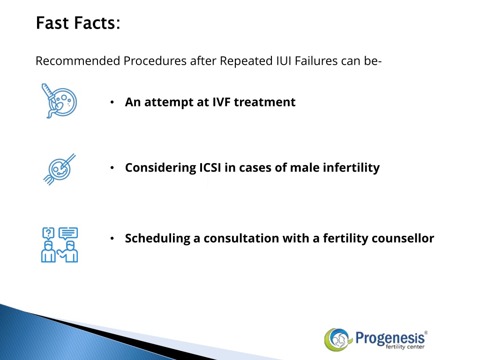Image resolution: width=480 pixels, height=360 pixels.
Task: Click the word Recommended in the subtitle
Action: tap(78, 60)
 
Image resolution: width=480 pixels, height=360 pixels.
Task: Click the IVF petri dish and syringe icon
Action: tap(59, 101)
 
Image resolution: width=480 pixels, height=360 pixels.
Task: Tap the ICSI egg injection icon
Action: tap(60, 169)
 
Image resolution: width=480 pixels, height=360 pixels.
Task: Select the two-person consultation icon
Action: tap(60, 245)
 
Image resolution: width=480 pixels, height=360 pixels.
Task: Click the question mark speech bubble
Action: tap(48, 233)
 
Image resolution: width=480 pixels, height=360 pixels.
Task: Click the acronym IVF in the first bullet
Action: tap(221, 102)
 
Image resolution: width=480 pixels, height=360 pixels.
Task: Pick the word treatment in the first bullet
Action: tap(264, 102)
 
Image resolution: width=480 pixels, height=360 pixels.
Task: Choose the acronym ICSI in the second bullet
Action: tap(210, 167)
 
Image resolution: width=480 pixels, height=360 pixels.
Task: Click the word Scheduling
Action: tap(157, 239)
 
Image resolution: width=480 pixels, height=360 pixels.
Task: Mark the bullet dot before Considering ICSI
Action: tap(112, 168)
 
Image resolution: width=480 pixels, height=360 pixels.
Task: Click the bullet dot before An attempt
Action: tap(112, 102)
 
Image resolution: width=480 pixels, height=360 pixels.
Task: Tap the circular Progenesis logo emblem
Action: tap(337, 339)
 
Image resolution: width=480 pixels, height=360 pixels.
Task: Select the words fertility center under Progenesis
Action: tap(405, 347)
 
